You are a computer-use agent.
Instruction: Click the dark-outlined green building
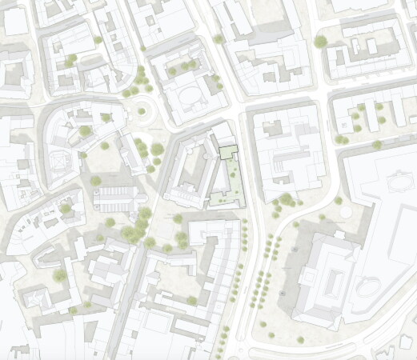pos(228,150)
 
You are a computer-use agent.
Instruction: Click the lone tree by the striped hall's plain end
pos(96,181)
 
